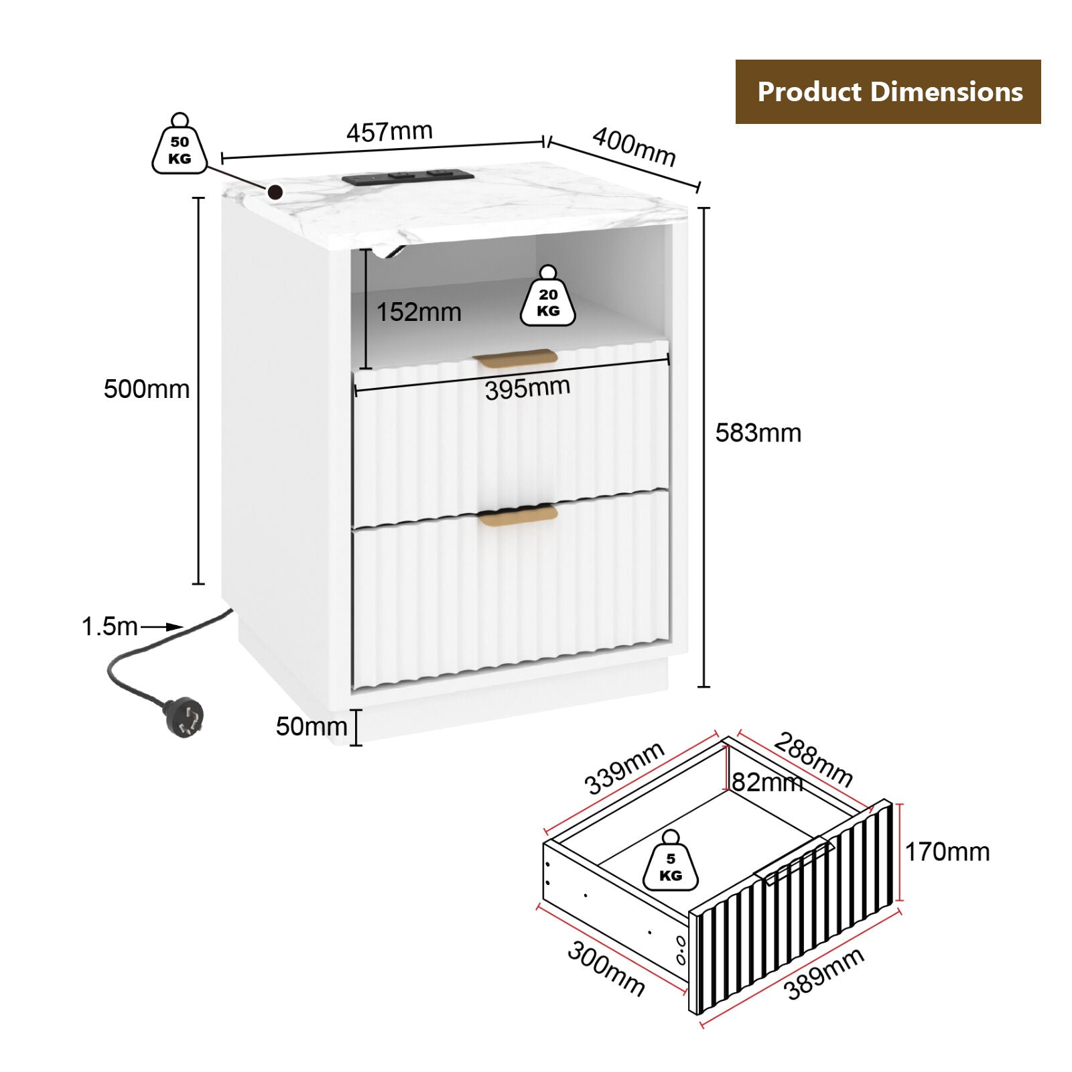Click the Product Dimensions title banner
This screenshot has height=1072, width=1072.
click(888, 92)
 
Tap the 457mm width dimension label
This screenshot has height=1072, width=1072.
click(389, 131)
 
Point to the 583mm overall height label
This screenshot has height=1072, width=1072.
click(758, 433)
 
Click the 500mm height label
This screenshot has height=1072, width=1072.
click(147, 389)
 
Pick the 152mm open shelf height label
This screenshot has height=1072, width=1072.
click(419, 312)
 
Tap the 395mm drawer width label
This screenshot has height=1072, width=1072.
click(528, 388)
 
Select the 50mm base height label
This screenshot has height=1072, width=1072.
click(312, 726)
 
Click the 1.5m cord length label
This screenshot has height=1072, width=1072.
click(109, 626)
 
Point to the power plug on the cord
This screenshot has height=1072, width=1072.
click(183, 717)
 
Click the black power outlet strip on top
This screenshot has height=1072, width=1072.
click(407, 177)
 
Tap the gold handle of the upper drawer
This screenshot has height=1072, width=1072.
click(515, 358)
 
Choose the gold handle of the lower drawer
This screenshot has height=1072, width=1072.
click(517, 515)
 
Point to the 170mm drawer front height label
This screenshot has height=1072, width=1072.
click(947, 852)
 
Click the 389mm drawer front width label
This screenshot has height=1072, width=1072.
click(824, 974)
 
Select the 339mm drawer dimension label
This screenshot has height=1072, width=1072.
click(624, 768)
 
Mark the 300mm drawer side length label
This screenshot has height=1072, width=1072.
click(606, 969)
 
